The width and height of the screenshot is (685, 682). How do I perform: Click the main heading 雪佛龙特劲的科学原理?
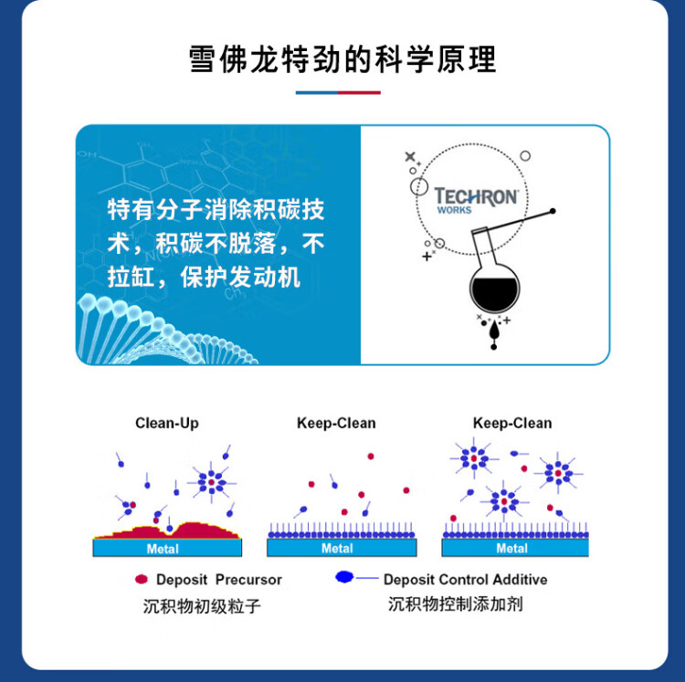pyautogui.click(x=342, y=59)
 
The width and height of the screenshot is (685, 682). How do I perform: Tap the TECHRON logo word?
pyautogui.click(x=476, y=196)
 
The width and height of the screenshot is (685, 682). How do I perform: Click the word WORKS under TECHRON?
pyautogui.click(x=454, y=210)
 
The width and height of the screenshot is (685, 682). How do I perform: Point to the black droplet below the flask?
pyautogui.click(x=494, y=331)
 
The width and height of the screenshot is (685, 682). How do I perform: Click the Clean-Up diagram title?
pyautogui.click(x=167, y=423)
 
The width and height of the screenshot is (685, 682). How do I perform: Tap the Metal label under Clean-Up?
pyautogui.click(x=163, y=549)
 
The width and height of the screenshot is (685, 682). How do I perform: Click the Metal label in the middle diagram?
pyautogui.click(x=337, y=549)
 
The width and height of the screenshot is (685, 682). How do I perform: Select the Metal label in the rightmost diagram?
pyautogui.click(x=512, y=549)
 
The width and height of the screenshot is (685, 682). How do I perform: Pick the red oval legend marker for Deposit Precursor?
pyautogui.click(x=142, y=579)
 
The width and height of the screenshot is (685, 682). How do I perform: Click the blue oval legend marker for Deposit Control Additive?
pyautogui.click(x=344, y=577)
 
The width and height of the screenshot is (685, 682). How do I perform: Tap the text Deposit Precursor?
pyautogui.click(x=219, y=580)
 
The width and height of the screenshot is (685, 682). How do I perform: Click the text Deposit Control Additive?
pyautogui.click(x=465, y=580)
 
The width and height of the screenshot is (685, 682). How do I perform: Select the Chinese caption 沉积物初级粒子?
pyautogui.click(x=202, y=606)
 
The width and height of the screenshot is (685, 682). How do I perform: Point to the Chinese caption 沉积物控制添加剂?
pyautogui.click(x=455, y=604)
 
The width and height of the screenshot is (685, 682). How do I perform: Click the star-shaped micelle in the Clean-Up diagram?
pyautogui.click(x=212, y=482)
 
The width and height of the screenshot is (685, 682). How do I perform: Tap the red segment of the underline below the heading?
pyautogui.click(x=359, y=92)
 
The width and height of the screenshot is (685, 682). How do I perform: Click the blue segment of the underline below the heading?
pyautogui.click(x=317, y=92)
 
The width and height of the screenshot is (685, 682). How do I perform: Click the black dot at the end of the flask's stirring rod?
pyautogui.click(x=553, y=211)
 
